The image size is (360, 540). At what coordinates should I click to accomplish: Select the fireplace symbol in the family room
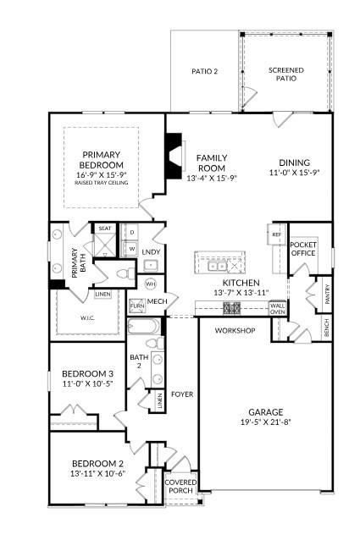tap(174, 158)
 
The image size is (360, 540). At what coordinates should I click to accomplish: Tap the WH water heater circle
tap(151, 284)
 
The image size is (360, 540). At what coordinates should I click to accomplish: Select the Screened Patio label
tap(286, 74)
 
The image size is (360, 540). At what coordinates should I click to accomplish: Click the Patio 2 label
tap(203, 72)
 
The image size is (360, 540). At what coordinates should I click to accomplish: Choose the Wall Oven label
tap(278, 308)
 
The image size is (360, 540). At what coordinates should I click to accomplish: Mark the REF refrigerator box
tap(276, 234)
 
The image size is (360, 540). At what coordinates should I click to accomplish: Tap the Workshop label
tap(235, 330)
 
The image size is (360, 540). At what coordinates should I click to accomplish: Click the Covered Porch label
tap(180, 486)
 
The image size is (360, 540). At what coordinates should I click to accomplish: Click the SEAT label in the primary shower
tap(105, 229)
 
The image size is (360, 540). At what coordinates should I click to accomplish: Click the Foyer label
tap(182, 393)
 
